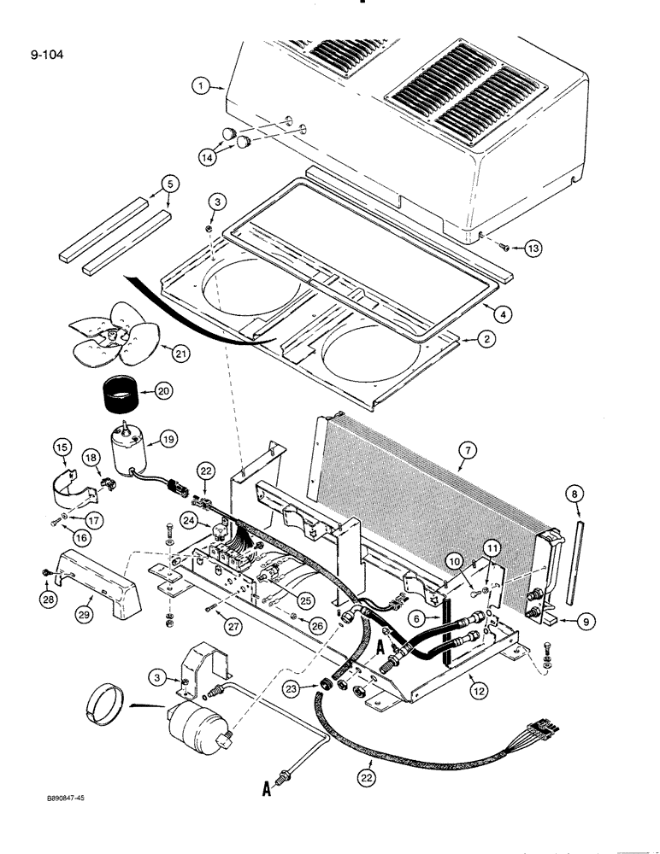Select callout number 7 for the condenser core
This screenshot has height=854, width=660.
coord(466,465)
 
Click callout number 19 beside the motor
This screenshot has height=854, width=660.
coord(167,438)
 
